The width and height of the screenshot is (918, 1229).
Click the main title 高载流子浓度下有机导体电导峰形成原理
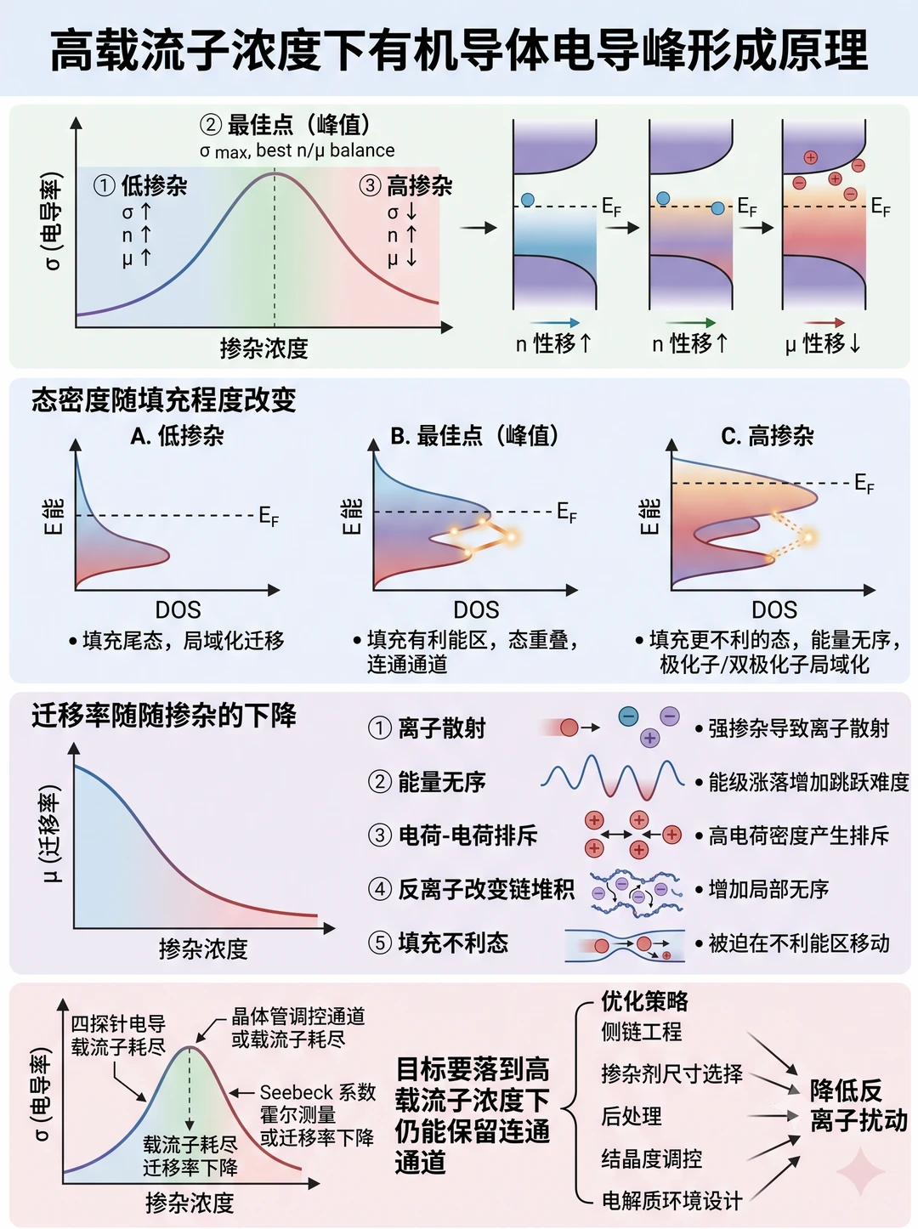pyautogui.click(x=459, y=50)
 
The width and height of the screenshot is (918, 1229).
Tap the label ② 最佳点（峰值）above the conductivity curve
pyautogui.click(x=285, y=125)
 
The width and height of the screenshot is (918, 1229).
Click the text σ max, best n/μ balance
pyautogui.click(x=297, y=150)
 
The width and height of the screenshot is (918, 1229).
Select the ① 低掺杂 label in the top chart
pyautogui.click(x=140, y=185)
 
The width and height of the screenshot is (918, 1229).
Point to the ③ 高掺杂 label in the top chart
pyautogui.click(x=405, y=185)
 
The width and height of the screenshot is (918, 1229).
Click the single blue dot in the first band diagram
pyautogui.click(x=527, y=200)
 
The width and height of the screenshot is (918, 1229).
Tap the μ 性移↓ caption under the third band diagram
pyautogui.click(x=823, y=343)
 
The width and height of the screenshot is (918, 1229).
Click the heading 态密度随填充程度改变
pyautogui.click(x=163, y=399)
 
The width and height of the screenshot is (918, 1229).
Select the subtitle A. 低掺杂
pyautogui.click(x=177, y=436)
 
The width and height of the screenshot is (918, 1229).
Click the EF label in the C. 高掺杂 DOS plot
pyautogui.click(x=864, y=483)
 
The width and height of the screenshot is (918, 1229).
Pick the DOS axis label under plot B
pyautogui.click(x=476, y=609)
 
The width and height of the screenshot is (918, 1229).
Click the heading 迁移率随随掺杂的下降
pyautogui.click(x=163, y=716)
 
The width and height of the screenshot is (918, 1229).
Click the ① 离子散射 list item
pyautogui.click(x=427, y=728)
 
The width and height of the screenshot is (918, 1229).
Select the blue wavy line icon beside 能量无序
pyautogui.click(x=612, y=777)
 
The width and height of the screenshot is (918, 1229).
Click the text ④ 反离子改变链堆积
pyautogui.click(x=471, y=889)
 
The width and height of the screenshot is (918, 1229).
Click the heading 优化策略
pyautogui.click(x=645, y=1001)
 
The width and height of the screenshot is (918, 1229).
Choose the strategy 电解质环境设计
pyautogui.click(x=672, y=1200)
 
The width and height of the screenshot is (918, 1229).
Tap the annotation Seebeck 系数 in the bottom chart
pyautogui.click(x=317, y=1092)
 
